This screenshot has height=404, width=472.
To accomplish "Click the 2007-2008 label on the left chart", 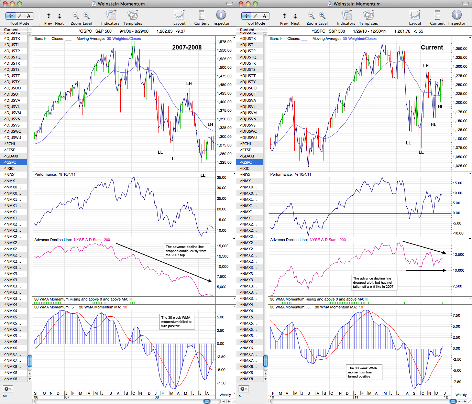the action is pyautogui.click(x=187, y=47).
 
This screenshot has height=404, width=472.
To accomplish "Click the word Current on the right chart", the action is pyautogui.click(x=431, y=47).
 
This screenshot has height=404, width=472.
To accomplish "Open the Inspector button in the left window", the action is pyautogui.click(x=221, y=17).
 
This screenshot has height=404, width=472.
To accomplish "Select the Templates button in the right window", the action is pyautogui.click(x=368, y=17).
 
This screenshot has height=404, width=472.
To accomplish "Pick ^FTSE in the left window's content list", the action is pyautogui.click(x=10, y=150).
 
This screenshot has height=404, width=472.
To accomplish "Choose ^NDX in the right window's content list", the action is pyautogui.click(x=245, y=174).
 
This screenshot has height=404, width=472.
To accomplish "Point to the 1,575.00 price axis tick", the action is pyautogui.click(x=224, y=42).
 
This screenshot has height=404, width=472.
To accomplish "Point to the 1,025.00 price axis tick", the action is pyautogui.click(x=460, y=166).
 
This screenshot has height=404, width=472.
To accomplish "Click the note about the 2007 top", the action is pyautogui.click(x=187, y=251).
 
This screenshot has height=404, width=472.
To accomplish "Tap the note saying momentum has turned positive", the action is pyautogui.click(x=364, y=372).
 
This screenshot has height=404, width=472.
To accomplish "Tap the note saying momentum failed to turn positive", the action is pyautogui.click(x=177, y=321).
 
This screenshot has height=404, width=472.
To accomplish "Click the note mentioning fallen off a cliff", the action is pyautogui.click(x=374, y=283).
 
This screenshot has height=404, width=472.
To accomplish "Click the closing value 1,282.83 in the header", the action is pyautogui.click(x=164, y=31).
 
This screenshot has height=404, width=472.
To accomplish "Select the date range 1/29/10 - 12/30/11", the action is pyautogui.click(x=369, y=31).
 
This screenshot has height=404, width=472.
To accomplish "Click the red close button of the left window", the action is pyautogui.click(x=5, y=4).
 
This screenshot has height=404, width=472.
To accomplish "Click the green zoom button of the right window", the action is pyautogui.click(x=255, y=4).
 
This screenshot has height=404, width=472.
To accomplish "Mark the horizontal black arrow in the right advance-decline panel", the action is pyautogui.click(x=426, y=270).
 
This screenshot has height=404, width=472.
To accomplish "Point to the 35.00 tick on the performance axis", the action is pyautogui.click(x=221, y=177).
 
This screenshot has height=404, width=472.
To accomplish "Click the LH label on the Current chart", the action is pyautogui.click(x=426, y=66).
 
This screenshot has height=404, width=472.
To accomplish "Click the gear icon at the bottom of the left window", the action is pyautogui.click(x=8, y=389).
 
